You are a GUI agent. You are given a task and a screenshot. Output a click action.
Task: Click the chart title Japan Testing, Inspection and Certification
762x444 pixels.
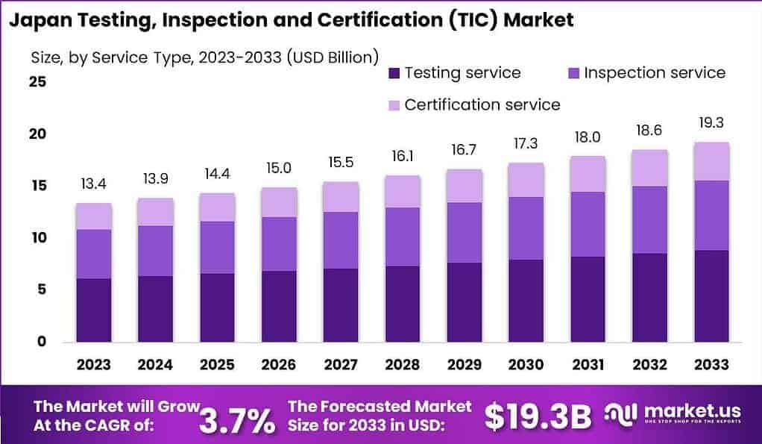pos(291,20)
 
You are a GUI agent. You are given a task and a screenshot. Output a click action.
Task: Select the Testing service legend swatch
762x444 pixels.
pos(394,73)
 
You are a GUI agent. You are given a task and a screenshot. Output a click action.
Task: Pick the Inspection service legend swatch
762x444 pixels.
pos(573,73)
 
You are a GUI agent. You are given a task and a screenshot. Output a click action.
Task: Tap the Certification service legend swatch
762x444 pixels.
pos(394,105)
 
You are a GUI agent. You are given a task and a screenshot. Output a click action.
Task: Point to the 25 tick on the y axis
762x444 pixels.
pos(37,82)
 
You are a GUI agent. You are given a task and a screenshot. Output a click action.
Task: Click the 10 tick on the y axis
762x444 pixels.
pos(37,238)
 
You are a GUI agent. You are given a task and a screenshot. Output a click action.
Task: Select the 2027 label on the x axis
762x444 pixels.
pos(340,365)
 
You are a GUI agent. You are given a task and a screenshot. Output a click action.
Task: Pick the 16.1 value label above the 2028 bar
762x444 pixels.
pos(402,157)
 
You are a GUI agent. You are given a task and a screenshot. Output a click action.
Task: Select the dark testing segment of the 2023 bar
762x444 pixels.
pos(94,310)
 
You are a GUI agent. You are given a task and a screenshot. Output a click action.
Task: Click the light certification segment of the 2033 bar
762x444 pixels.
pos(710,161)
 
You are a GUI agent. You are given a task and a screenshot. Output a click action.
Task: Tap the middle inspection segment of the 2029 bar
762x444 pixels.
pos(463,232)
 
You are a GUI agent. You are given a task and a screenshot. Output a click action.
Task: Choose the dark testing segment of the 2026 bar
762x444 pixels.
pos(278,306)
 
